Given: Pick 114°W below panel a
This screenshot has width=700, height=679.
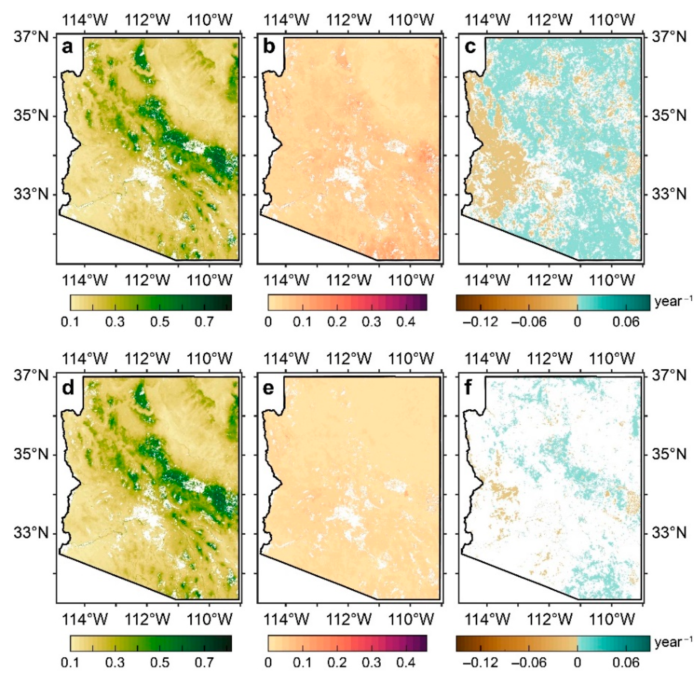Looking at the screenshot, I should (x=85, y=281).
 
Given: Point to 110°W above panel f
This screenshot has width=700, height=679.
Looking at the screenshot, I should (x=612, y=358).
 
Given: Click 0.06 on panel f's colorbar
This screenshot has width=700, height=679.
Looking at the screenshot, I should (x=626, y=662).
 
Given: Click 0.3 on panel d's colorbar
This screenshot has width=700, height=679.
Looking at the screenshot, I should (x=115, y=662).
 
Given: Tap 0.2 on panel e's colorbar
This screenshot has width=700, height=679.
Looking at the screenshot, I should (x=337, y=662).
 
